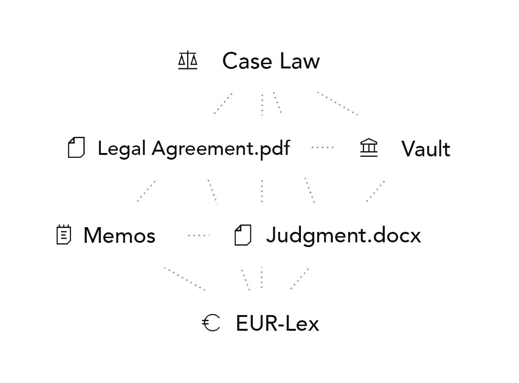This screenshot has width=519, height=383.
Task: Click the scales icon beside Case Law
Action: pos(187,61)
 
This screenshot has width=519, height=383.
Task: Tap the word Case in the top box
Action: pos(246,61)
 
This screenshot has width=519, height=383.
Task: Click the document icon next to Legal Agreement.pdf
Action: pos(76,148)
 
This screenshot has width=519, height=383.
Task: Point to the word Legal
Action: pos(121,149)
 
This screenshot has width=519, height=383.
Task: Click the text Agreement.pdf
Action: pos(221,149)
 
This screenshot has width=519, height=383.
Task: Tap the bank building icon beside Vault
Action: pos(369,148)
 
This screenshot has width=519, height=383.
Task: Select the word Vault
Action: pos(426,149)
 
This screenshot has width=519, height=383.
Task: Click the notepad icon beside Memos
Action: pos(63,235)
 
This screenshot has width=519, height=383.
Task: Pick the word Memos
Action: pos(119,236)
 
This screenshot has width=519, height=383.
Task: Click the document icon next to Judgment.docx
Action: pos(243,235)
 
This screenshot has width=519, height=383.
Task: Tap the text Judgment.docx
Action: pos(343,236)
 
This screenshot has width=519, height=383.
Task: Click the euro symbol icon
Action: pos(211,323)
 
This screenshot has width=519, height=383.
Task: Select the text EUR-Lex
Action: pos(277,324)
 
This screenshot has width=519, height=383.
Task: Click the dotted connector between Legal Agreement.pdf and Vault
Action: pos(323,147)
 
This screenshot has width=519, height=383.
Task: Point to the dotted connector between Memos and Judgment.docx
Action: pos(197,235)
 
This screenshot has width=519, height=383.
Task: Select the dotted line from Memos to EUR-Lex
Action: pos(186,279)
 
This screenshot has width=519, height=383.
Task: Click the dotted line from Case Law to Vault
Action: pos(338,104)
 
